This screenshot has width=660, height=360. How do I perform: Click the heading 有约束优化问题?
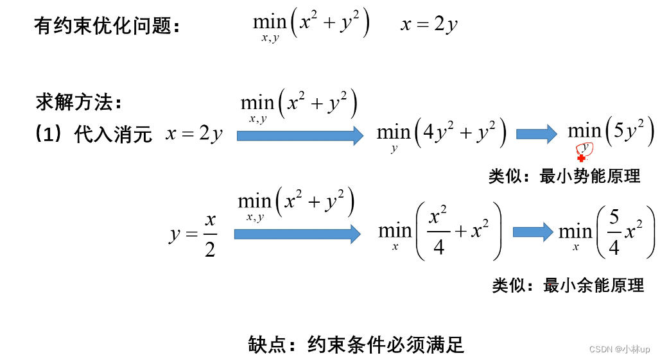tap(103, 26)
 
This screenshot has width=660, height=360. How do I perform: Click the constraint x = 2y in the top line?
tap(429, 25)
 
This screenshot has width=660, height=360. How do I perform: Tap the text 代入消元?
tap(113, 135)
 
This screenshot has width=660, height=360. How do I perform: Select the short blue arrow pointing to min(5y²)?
tap(536, 133)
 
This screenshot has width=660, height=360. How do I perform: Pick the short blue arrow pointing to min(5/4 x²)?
tap(532, 232)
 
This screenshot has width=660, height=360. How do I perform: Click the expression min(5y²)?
tap(611, 132)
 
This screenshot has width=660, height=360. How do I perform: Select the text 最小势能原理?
tap(590, 176)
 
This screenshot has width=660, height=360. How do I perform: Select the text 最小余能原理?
tap(593, 285)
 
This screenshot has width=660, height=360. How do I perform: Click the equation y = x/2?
tap(193, 234)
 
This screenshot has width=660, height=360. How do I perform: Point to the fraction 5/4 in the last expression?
tap(614, 232)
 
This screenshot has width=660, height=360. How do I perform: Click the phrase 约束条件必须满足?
tap(385, 344)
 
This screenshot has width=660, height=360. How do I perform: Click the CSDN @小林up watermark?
tap(620, 349)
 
